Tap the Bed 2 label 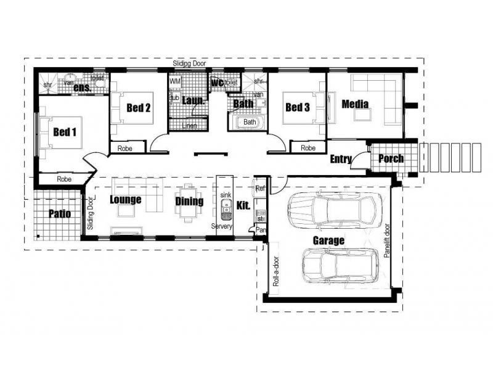[x=139, y=108]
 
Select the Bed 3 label [x=297, y=108]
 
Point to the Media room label [x=355, y=104]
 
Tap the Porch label [x=391, y=158]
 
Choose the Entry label [x=341, y=159]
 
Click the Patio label [x=59, y=214]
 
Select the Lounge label [x=125, y=200]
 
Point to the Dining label [x=189, y=201]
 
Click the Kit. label [x=243, y=206]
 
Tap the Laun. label [x=193, y=99]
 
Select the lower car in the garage [x=340, y=266]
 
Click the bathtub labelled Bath [x=249, y=122]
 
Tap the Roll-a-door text [x=275, y=271]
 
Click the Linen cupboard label [x=192, y=126]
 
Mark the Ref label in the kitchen [x=259, y=189]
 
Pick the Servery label [x=222, y=227]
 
